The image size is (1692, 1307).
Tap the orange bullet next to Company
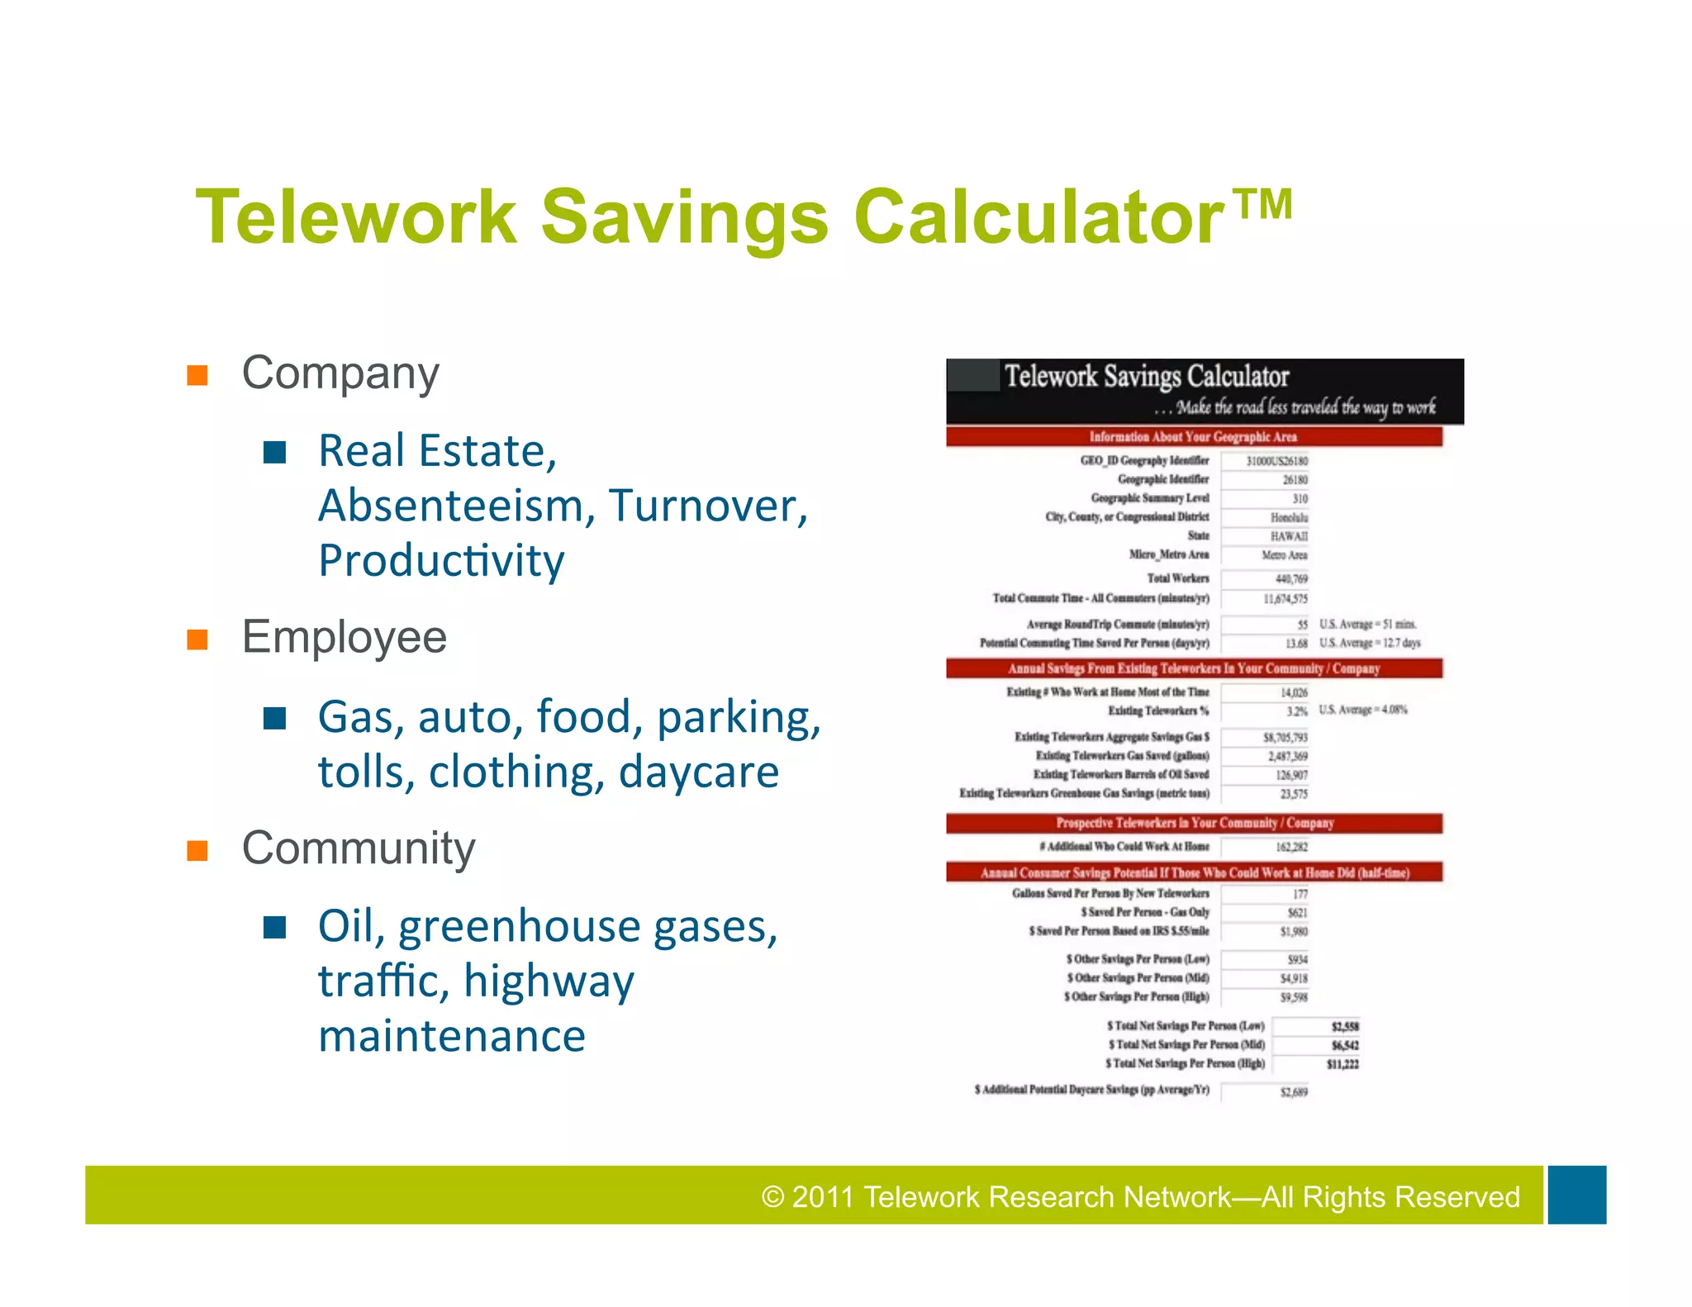(x=197, y=375)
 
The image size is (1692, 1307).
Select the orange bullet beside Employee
(x=197, y=639)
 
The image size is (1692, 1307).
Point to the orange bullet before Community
(x=197, y=850)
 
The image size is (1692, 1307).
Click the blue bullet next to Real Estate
(x=274, y=452)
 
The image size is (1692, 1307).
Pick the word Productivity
(x=441, y=561)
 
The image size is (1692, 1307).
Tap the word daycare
(x=698, y=772)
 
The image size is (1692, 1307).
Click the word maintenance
(x=452, y=1035)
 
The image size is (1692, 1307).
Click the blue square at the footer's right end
(x=1576, y=1195)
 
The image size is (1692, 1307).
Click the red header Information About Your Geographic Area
(x=1193, y=437)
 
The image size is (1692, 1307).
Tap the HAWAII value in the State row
(x=1288, y=536)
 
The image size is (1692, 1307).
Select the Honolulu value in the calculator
(x=1289, y=517)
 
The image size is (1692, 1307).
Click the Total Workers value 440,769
(x=1290, y=579)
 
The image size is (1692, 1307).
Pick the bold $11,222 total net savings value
(x=1343, y=1064)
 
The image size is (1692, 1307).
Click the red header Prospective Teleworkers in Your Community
(x=1194, y=823)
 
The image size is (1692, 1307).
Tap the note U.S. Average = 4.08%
(x=1362, y=710)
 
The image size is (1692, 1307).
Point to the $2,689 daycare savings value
(x=1294, y=1092)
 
